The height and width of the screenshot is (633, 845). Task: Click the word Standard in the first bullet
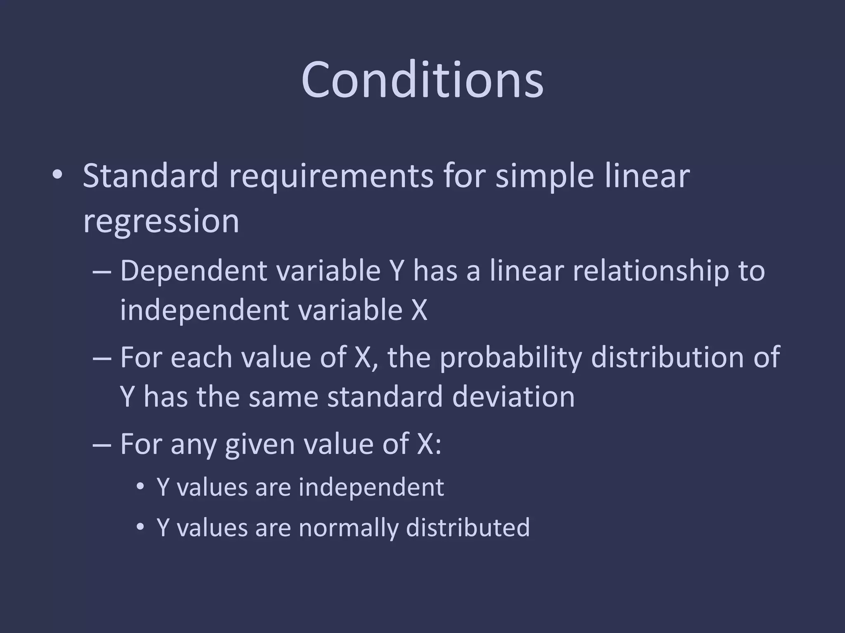pyautogui.click(x=150, y=176)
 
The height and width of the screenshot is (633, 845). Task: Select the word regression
pyautogui.click(x=161, y=222)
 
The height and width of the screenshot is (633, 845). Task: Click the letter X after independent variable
pyautogui.click(x=419, y=310)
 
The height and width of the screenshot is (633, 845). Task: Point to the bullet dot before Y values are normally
pyautogui.click(x=140, y=527)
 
